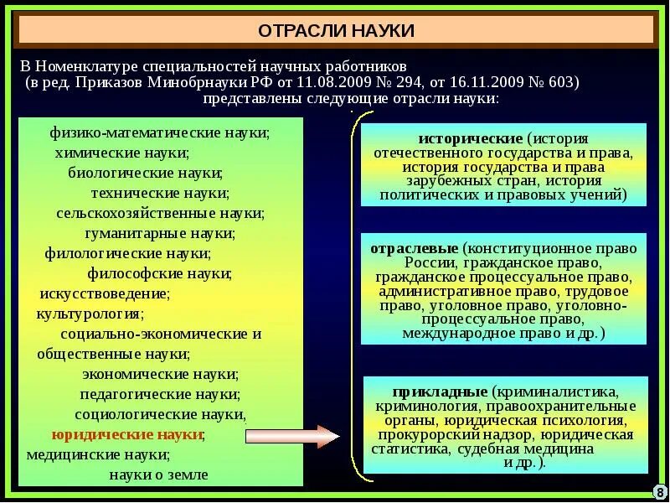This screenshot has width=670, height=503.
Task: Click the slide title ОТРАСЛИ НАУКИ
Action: pyautogui.click(x=336, y=31)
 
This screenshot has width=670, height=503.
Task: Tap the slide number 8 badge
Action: pyautogui.click(x=658, y=491)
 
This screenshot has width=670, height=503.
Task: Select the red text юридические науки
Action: pyautogui.click(x=126, y=435)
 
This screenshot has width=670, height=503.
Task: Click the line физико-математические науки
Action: pyautogui.click(x=159, y=132)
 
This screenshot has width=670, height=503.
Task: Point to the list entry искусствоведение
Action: pyautogui.click(x=105, y=293)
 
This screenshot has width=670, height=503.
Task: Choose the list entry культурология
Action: pyautogui.click(x=90, y=314)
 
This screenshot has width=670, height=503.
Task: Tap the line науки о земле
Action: pyautogui.click(x=158, y=474)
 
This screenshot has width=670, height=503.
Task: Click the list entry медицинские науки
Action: pyautogui.click(x=98, y=455)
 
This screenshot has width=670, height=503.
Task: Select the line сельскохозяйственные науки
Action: pyautogui.click(x=161, y=213)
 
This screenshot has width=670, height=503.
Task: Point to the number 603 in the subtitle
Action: pyautogui.click(x=559, y=82)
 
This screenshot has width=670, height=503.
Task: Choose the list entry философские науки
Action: pyautogui.click(x=159, y=273)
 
